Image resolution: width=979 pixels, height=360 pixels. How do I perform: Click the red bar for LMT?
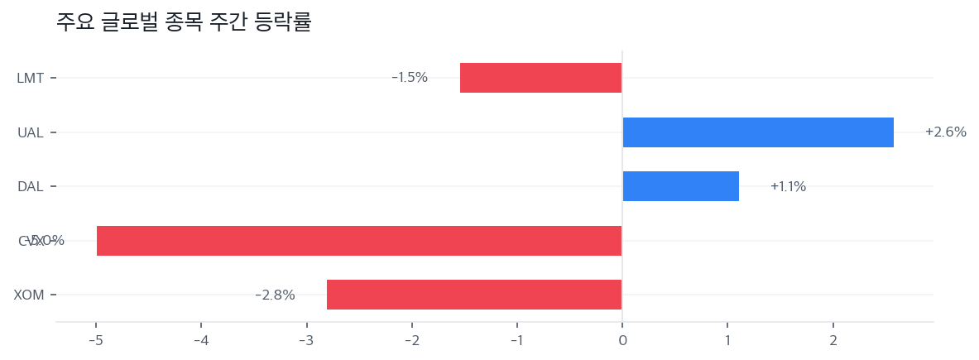(x=540, y=78)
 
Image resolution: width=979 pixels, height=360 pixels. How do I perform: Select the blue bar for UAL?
(x=757, y=132)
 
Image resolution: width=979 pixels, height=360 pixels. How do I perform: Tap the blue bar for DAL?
(x=680, y=186)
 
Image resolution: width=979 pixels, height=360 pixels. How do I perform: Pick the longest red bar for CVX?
(x=359, y=241)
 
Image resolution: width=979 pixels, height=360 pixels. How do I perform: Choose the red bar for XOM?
(x=474, y=295)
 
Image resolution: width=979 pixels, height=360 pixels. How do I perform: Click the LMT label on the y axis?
(x=31, y=78)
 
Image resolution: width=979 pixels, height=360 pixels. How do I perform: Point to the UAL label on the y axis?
(x=31, y=132)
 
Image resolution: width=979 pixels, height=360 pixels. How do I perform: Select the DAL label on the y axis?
(x=31, y=186)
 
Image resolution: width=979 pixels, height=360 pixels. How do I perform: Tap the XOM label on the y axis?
(x=29, y=295)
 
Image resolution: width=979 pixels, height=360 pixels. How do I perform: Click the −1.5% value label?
(x=410, y=78)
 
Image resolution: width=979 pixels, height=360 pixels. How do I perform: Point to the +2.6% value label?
(x=945, y=132)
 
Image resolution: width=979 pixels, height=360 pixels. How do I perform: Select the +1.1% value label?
(x=788, y=186)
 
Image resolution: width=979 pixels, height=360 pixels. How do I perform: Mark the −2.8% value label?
(x=275, y=295)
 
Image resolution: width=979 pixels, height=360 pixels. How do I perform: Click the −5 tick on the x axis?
(x=95, y=340)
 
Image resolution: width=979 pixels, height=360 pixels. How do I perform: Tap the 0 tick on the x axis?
(x=622, y=340)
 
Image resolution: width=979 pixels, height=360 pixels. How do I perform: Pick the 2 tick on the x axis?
(x=833, y=340)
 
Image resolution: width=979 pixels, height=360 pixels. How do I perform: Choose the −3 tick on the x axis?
(x=306, y=340)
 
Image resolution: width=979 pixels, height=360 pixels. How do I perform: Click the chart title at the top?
(x=184, y=22)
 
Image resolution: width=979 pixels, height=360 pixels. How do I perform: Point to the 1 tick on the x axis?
(x=727, y=340)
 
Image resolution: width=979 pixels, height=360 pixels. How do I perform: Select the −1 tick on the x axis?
(x=516, y=340)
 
